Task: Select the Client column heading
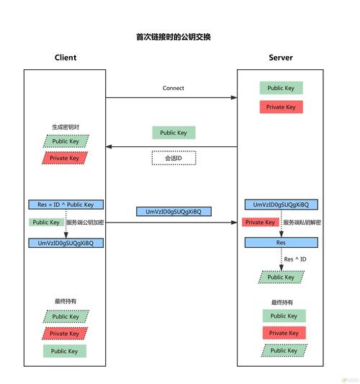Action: pos(66,58)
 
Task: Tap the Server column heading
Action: pos(281,58)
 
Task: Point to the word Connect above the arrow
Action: pos(174,88)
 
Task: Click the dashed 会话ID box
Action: pos(174,158)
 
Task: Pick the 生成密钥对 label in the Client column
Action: pos(66,128)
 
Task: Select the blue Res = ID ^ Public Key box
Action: pos(66,205)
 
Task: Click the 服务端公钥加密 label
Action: pos(85,223)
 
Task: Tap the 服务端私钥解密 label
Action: pos(302,223)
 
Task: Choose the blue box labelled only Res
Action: pos(281,243)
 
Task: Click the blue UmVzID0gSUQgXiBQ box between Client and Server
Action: pos(174,212)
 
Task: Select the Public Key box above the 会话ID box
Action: pos(174,133)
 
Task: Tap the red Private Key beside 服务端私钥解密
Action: pos(260,223)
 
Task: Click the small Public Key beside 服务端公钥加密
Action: pos(46,223)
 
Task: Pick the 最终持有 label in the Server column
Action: pos(281,302)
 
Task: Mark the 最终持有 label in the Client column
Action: pos(66,301)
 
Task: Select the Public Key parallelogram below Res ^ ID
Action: pos(281,277)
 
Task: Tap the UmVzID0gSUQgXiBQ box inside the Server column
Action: pos(281,205)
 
